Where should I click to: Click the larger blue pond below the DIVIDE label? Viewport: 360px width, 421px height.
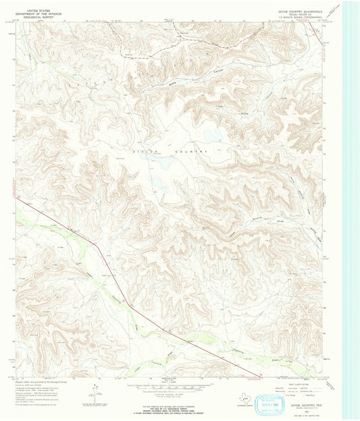coord(160,182)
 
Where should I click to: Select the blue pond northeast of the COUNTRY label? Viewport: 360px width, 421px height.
coord(212,134)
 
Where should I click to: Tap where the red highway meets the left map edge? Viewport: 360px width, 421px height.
coord(16,198)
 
